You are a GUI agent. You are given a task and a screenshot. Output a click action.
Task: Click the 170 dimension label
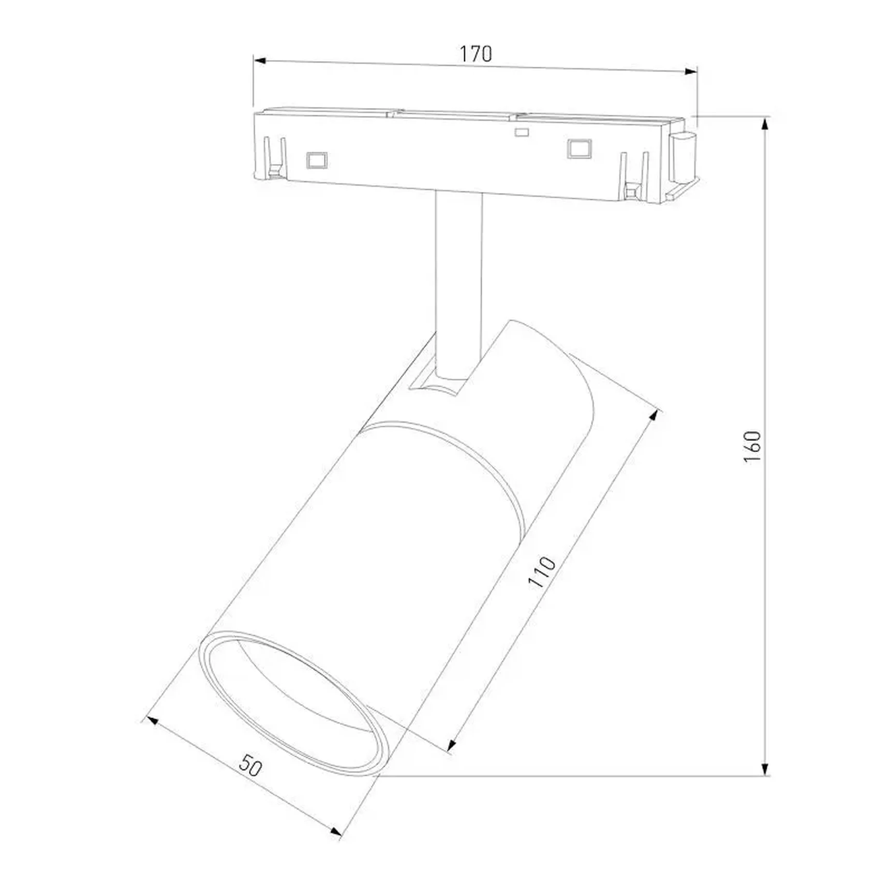tap(476, 54)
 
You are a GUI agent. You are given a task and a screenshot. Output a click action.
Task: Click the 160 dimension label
tap(752, 446)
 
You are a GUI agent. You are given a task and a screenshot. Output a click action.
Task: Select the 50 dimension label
tap(251, 765)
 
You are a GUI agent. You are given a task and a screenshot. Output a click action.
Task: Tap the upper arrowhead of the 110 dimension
tap(655, 416)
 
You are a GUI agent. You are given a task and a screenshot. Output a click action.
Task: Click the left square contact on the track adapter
tap(316, 160)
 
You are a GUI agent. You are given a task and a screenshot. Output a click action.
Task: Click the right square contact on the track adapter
tap(579, 149)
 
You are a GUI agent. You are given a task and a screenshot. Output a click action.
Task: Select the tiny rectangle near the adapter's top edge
tap(522, 132)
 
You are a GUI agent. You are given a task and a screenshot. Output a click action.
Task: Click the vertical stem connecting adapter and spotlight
tap(458, 279)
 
